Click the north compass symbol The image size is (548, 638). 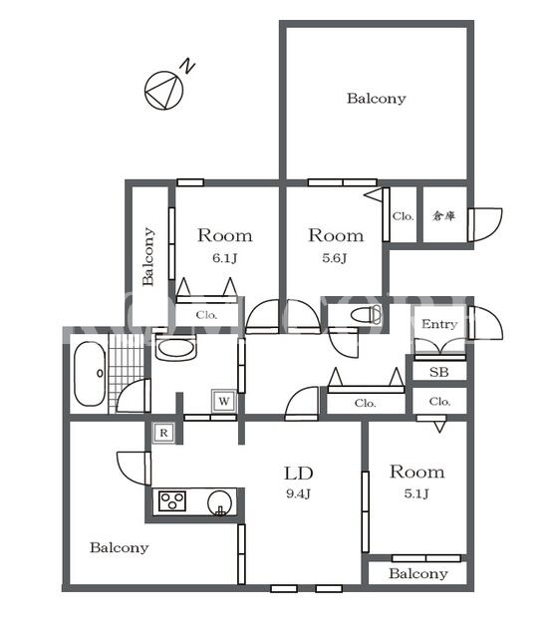(163, 91)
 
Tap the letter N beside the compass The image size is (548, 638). (187, 67)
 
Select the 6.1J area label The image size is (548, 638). (225, 258)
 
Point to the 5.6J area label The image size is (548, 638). (335, 258)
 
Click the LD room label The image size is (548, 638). (298, 474)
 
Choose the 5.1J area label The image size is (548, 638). (416, 493)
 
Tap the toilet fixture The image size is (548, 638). (366, 315)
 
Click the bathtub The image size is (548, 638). (90, 374)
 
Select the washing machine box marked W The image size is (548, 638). (223, 401)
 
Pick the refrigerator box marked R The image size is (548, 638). (163, 433)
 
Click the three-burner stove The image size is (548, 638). (172, 500)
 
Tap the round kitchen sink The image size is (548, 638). (221, 502)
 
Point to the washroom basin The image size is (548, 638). (176, 348)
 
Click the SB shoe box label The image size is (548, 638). (439, 372)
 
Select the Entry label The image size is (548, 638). (439, 324)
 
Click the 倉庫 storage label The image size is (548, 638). (443, 215)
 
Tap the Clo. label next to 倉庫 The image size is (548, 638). (403, 216)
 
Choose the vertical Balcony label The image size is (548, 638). (148, 257)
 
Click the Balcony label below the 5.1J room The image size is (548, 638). (418, 574)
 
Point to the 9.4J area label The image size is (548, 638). (298, 494)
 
